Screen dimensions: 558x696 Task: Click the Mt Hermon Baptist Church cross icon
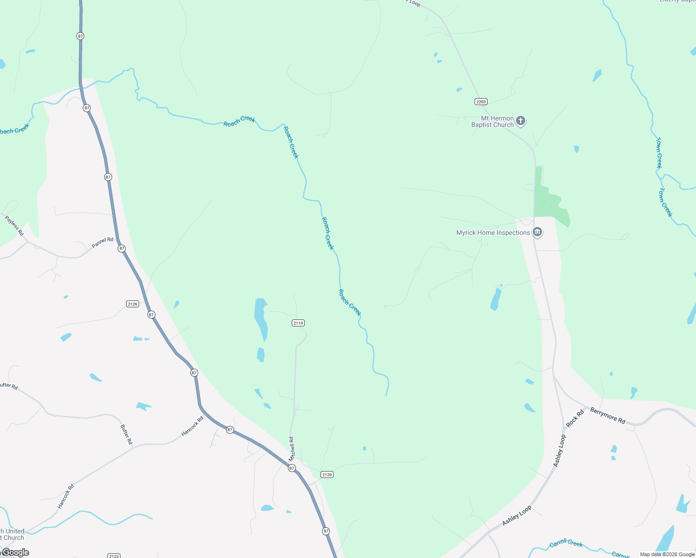tap(521, 121)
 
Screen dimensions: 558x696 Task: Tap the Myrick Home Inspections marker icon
tap(537, 232)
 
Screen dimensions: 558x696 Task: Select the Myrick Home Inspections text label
tap(493, 232)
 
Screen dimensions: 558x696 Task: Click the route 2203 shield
tap(481, 101)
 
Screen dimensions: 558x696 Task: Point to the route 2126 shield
tap(133, 304)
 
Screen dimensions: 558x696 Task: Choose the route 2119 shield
tap(298, 323)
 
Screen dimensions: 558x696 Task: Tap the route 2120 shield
tap(327, 474)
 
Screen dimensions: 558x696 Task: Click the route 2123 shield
tap(114, 556)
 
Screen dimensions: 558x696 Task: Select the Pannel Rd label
tap(102, 243)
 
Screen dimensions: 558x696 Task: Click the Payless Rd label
tap(14, 226)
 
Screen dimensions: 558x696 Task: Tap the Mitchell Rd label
tap(292, 449)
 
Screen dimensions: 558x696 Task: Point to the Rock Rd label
tap(575, 418)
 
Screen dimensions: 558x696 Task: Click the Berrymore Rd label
tap(608, 415)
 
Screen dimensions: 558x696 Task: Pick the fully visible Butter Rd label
tap(126, 434)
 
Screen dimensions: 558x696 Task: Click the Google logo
tap(15, 552)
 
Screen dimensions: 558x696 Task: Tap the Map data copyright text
tap(667, 554)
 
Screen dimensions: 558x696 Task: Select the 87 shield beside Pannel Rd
tap(121, 248)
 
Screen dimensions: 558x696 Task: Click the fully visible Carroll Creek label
tap(566, 543)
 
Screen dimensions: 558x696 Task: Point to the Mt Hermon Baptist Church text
tap(492, 121)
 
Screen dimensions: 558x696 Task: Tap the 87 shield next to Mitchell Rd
tap(292, 468)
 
